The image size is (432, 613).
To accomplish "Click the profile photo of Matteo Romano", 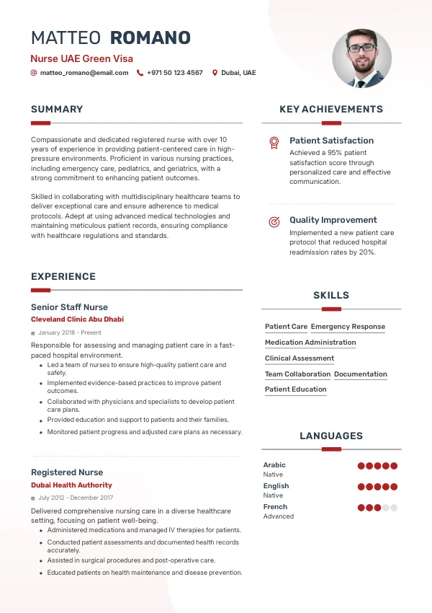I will click(361, 59).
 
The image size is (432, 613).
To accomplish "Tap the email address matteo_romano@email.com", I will click(84, 73).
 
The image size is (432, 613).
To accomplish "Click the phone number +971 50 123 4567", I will click(175, 73).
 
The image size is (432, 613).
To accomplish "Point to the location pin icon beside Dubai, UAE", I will click(215, 73).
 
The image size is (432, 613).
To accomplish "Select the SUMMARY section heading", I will click(57, 110).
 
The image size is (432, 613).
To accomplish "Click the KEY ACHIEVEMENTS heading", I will click(331, 110).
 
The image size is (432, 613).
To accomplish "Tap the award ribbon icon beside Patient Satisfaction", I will click(274, 143).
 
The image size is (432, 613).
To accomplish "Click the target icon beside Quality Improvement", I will click(274, 222).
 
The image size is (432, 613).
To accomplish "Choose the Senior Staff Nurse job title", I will click(69, 307).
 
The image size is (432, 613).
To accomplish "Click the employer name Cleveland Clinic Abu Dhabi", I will click(77, 319).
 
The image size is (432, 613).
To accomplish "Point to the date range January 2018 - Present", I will click(69, 332).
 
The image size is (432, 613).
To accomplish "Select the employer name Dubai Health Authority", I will click(71, 485).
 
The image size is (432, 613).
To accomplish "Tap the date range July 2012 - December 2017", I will click(76, 498).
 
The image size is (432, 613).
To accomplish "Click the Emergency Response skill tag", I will click(348, 327).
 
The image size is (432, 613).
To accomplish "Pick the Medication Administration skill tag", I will click(310, 343).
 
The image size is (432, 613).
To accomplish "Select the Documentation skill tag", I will click(361, 374).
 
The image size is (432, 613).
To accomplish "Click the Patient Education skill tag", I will click(296, 389).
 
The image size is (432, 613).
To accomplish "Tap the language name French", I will click(275, 507).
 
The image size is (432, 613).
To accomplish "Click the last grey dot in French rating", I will click(394, 508).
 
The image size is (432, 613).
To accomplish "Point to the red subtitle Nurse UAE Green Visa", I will click(81, 58).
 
